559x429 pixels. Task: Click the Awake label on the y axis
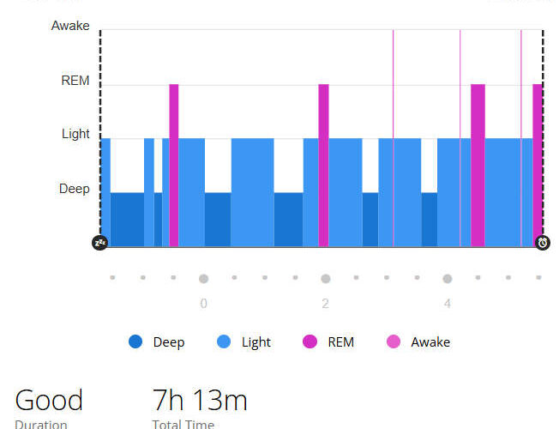pos(70,26)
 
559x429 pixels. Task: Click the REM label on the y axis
pos(75,81)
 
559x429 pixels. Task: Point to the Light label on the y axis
pos(75,134)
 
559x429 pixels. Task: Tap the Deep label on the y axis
pos(74,189)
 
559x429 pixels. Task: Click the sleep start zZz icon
pos(100,243)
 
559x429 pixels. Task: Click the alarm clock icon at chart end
pos(543,243)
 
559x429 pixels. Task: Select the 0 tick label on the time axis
pos(203,304)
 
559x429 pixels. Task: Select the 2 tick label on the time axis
pos(325,304)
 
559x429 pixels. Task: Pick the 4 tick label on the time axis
pos(448,304)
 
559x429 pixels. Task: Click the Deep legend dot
pos(135,341)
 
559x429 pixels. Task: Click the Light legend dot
pos(224,341)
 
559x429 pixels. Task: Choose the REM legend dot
pos(310,341)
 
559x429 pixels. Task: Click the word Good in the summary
pos(49,401)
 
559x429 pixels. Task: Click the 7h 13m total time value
pos(200,401)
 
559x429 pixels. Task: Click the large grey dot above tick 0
pos(203,278)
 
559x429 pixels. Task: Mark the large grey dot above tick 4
pos(448,278)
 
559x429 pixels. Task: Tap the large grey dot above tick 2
pos(325,278)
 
